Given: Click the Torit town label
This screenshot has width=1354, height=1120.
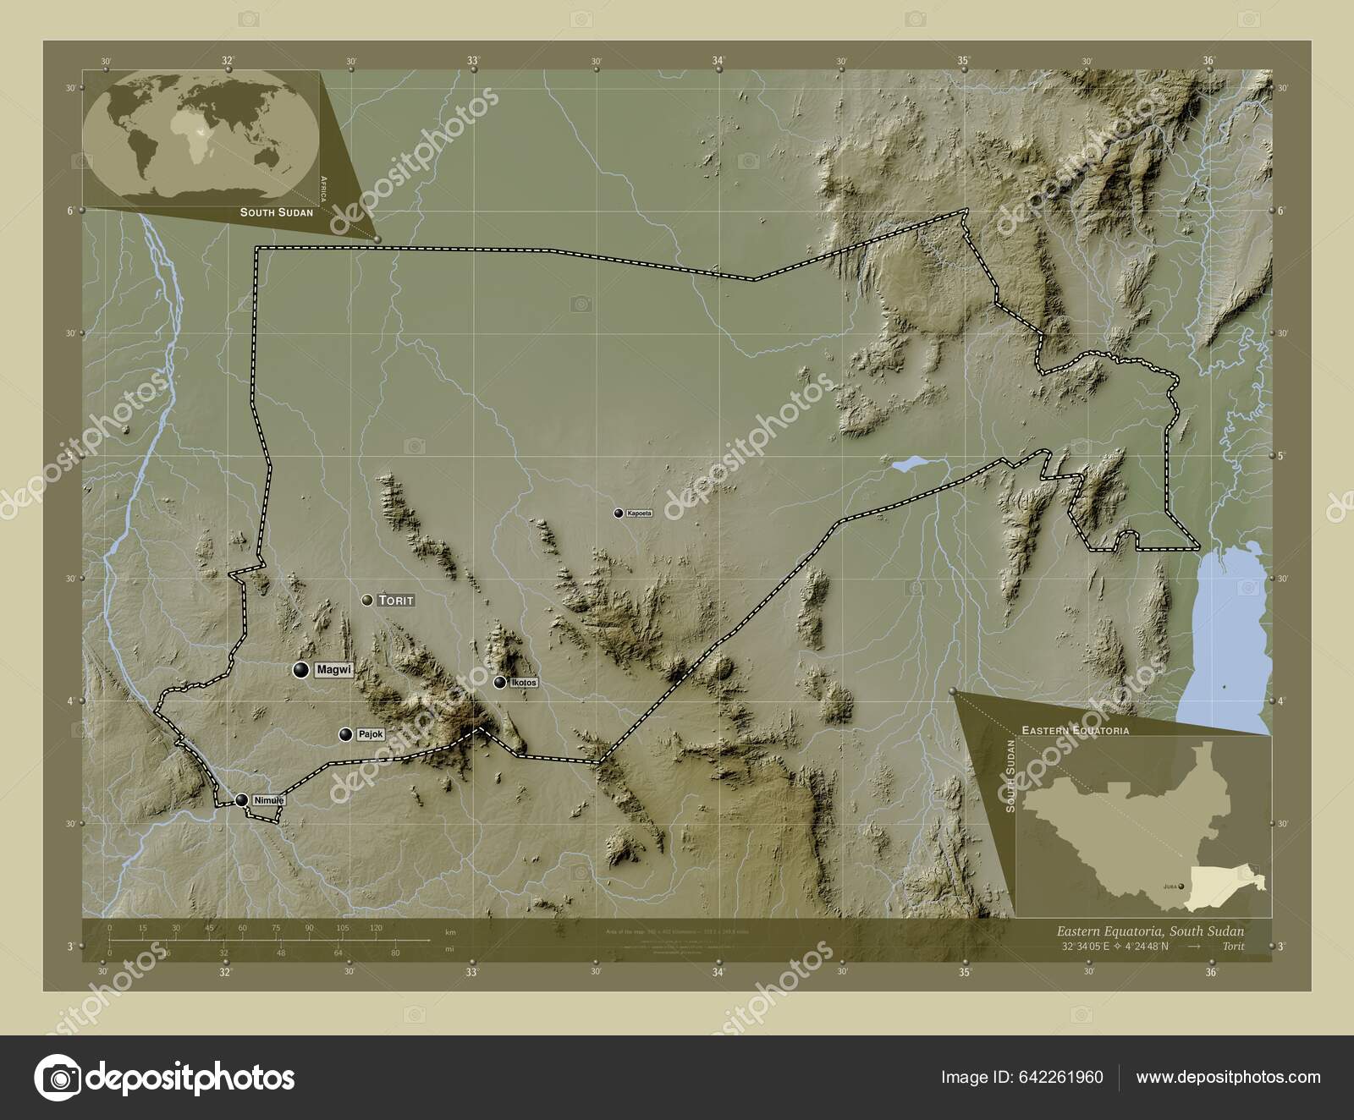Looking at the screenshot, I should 397,600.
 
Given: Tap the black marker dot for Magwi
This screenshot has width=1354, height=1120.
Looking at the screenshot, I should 300,670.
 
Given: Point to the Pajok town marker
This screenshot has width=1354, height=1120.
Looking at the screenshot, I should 345,734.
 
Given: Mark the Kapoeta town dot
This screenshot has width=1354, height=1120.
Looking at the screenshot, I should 619,513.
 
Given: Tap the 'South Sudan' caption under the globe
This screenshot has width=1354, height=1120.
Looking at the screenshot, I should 276,212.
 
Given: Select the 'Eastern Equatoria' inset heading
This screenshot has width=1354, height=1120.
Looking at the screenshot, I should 1075,728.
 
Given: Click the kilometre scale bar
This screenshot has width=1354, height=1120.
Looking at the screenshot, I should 245,939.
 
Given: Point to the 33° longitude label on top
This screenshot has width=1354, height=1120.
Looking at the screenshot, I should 473,61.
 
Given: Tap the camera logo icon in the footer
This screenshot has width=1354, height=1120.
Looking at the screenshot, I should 58,1078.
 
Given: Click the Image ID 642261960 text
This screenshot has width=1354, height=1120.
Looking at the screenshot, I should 1021,1078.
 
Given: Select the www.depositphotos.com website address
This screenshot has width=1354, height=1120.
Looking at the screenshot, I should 1228,1078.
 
